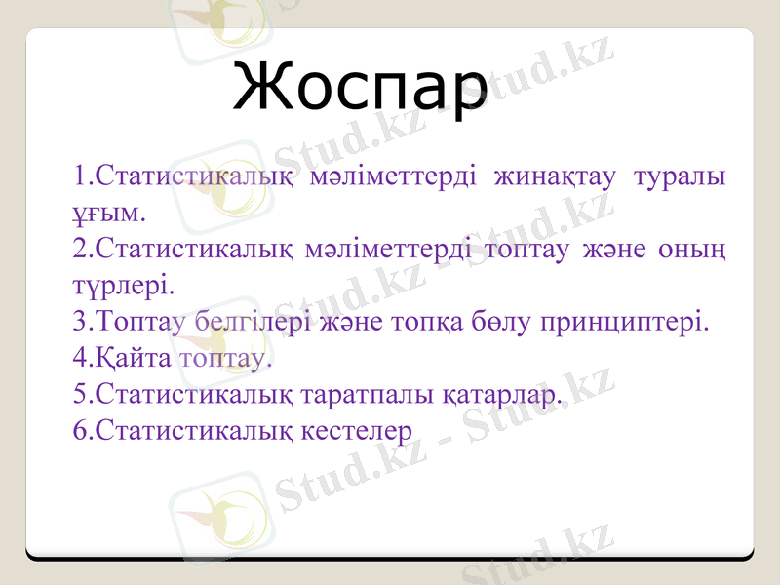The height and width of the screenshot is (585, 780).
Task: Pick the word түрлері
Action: tap(123, 285)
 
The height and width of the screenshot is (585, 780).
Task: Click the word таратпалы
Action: tap(368, 393)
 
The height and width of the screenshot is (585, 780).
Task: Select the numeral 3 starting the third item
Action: tap(79, 321)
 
